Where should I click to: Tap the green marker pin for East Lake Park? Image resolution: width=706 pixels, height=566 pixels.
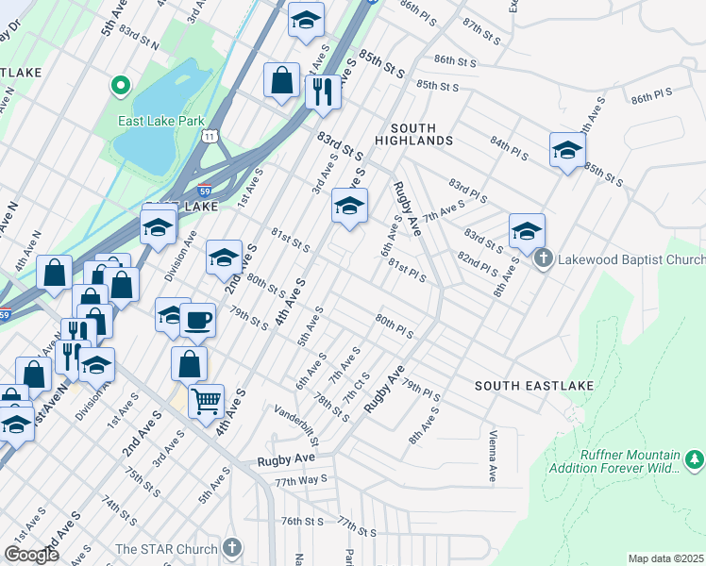point(120,88)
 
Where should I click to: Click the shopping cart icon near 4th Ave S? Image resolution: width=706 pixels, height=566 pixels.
point(206,401)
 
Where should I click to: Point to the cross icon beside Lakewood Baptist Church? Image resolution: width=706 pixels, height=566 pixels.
point(543,258)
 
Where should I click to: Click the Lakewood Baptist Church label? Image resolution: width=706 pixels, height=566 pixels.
point(630,259)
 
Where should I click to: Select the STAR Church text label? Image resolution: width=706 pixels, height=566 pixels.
point(166,548)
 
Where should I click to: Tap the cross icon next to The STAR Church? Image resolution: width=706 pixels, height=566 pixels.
point(233,548)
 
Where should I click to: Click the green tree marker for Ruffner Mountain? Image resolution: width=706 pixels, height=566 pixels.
point(695,459)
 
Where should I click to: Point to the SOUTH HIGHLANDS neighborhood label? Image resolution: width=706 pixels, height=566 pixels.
point(413,134)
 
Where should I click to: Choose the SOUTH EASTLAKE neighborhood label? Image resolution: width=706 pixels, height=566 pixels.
point(521,386)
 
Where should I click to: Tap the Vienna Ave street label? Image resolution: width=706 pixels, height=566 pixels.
point(493,456)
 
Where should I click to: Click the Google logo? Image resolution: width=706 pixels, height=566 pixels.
point(31,554)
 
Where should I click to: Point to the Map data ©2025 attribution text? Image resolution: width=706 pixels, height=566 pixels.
point(665,558)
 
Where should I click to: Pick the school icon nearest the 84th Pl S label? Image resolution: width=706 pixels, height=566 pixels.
point(567,150)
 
